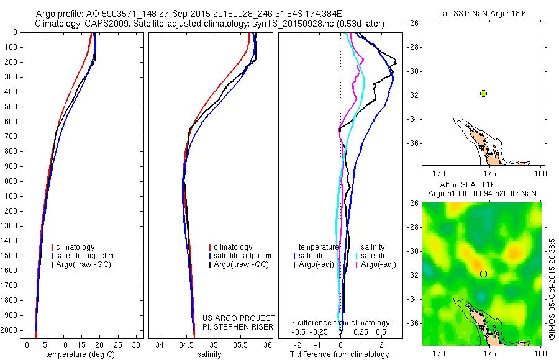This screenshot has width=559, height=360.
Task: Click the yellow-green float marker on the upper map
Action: (x=483, y=93)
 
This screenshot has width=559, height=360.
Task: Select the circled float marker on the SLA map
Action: (x=483, y=274)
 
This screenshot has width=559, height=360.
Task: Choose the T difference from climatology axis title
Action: (x=340, y=354)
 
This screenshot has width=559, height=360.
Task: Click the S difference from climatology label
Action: (x=340, y=323)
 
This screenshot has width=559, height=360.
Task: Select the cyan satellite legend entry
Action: (x=371, y=256)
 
